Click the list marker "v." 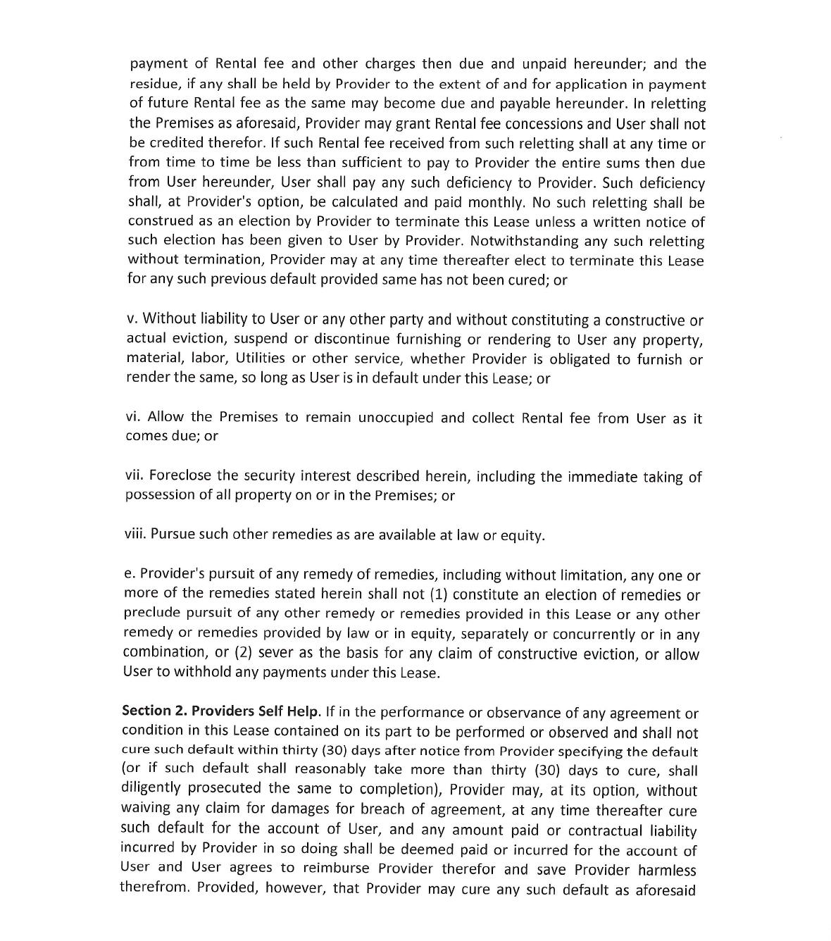[132, 319]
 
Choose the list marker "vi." [135, 417]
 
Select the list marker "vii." [135, 476]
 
